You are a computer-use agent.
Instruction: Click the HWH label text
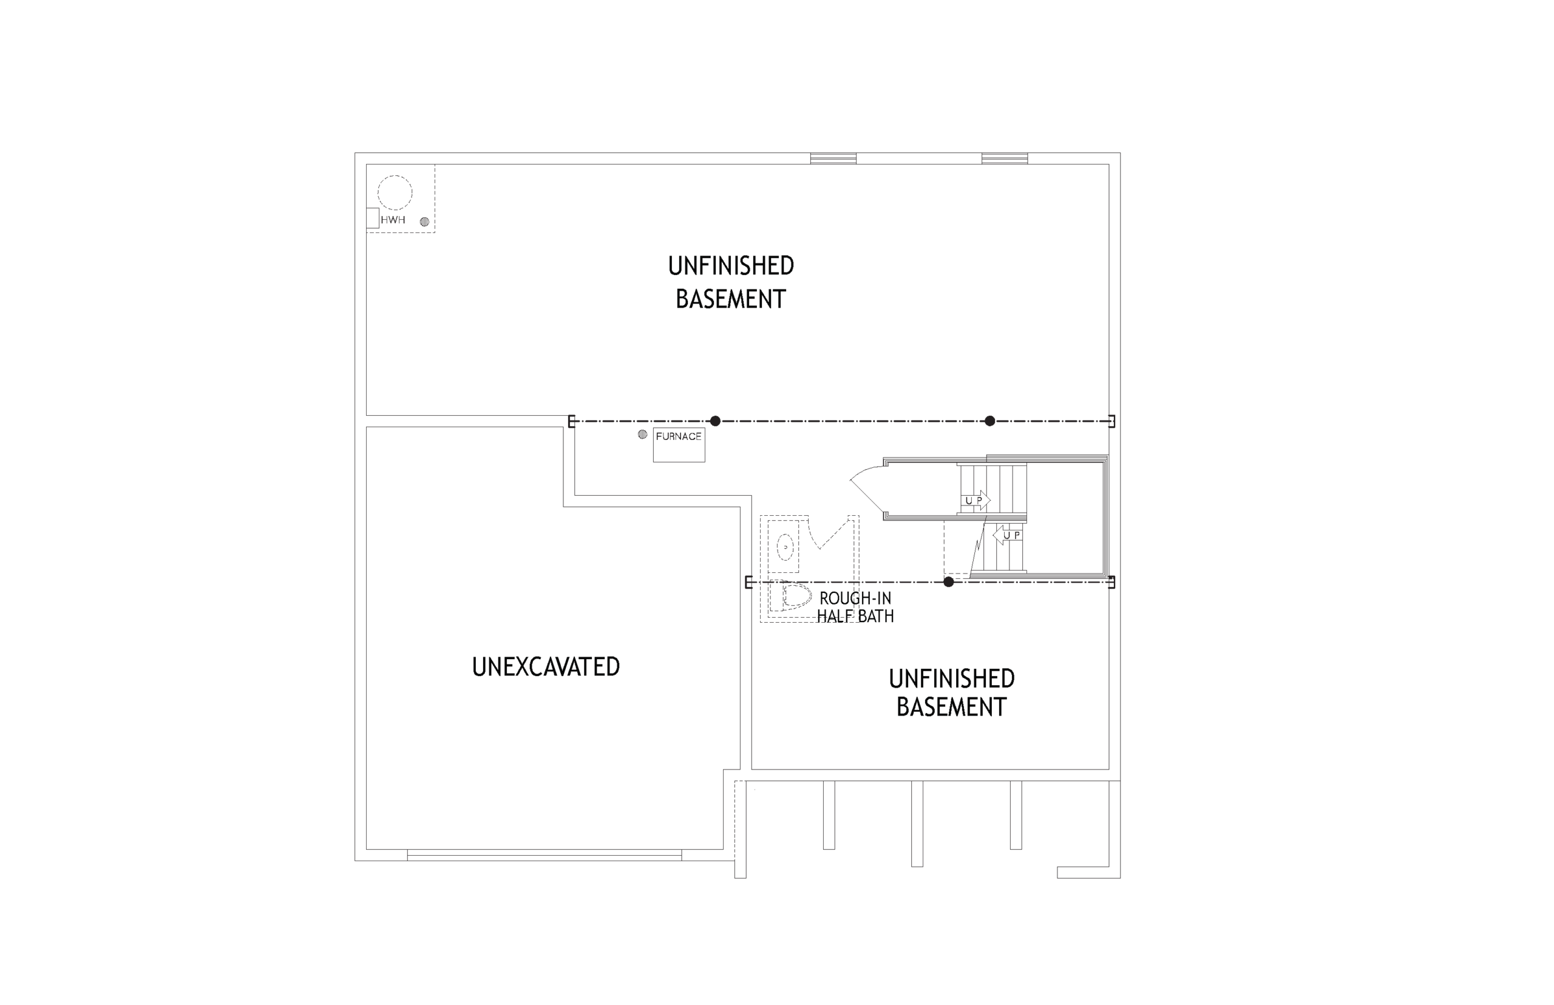point(392,220)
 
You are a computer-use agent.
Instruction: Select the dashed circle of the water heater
point(395,175)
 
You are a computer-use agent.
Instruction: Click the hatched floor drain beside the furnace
point(642,435)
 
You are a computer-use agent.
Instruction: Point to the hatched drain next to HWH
point(424,222)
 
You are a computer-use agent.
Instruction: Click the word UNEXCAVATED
point(546,666)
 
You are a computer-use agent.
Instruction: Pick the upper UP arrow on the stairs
point(975,501)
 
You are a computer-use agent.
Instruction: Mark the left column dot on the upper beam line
point(715,421)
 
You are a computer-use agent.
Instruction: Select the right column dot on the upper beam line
point(990,421)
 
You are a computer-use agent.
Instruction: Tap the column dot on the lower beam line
point(949,581)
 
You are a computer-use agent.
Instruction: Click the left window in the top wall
point(833,158)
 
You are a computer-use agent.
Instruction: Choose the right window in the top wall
point(1005,158)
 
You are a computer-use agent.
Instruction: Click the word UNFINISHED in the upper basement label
point(731,266)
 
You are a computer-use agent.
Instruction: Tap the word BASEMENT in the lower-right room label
point(952,707)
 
